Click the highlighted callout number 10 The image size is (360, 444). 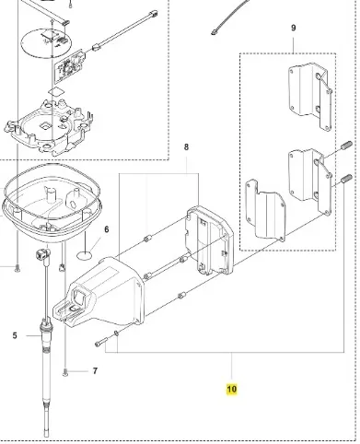click(x=232, y=389)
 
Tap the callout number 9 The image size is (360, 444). click(x=294, y=28)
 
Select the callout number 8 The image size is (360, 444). click(x=186, y=147)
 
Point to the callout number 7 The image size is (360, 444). click(x=95, y=371)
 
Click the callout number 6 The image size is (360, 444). click(x=107, y=229)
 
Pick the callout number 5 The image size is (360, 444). click(x=15, y=335)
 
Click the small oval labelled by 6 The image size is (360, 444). click(x=84, y=254)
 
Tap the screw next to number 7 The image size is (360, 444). click(x=65, y=372)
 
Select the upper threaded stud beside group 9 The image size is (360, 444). click(x=346, y=145)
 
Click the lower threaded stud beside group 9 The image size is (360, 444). click(x=346, y=179)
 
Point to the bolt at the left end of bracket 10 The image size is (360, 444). click(x=101, y=342)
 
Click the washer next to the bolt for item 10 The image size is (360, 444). click(x=116, y=333)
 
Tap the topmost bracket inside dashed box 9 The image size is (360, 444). click(x=309, y=95)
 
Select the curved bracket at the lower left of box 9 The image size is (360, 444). click(x=266, y=209)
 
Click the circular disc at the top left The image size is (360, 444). click(x=46, y=42)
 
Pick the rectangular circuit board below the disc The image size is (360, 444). click(x=70, y=66)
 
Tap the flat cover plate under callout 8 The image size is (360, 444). click(x=210, y=240)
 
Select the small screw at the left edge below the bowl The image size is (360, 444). click(x=17, y=268)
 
